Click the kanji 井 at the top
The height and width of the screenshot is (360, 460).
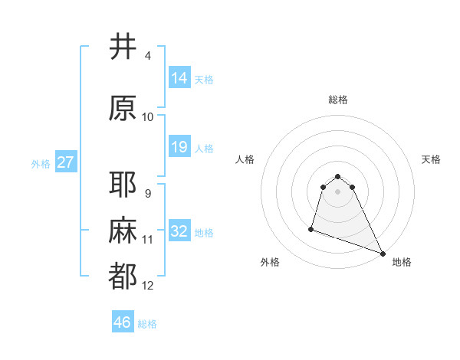123,47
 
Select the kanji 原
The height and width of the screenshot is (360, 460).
123,108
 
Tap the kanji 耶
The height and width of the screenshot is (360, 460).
123,185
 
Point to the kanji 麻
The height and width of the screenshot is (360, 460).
123,231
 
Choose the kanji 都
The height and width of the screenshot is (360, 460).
123,277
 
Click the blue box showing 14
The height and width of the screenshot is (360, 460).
179,77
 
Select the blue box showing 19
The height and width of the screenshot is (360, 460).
179,147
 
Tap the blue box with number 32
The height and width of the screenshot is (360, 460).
179,231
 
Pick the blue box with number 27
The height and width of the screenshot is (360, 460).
66,162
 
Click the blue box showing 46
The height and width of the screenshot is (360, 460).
123,322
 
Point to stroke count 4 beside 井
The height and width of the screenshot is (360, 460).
148,56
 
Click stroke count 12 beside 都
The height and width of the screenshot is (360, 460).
148,286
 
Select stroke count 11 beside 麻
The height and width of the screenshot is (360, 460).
148,240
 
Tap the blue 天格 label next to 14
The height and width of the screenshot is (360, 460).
204,79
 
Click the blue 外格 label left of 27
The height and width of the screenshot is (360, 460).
40,163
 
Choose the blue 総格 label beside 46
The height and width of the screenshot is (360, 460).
147,324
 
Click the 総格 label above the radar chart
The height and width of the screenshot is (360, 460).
338,100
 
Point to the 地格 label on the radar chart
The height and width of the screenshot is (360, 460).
402,262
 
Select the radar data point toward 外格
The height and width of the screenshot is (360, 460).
311,228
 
